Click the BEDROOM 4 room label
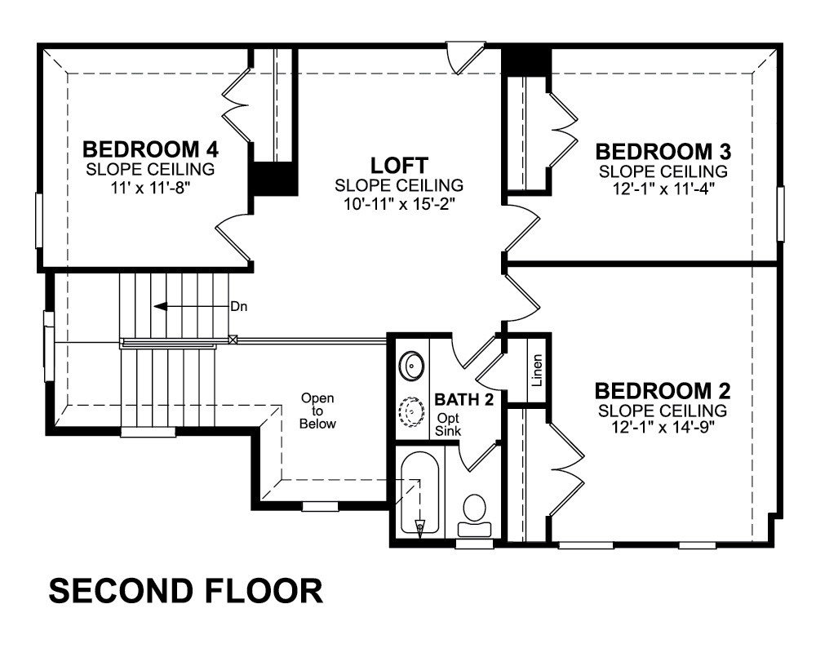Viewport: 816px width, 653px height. pos(150,149)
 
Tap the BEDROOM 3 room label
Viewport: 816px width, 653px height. pos(663,152)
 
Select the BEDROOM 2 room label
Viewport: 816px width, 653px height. pos(663,390)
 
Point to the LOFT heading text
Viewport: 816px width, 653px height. pos(399,165)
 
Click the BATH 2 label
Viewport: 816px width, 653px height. pos(463,399)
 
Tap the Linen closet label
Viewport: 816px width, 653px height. pos(537,371)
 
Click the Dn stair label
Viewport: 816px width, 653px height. pos(239,306)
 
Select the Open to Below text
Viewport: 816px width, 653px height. pos(317,411)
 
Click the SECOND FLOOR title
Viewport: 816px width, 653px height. pos(186,591)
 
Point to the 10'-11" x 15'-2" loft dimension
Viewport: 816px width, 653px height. pos(399,204)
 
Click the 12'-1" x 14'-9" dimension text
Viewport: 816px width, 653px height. pos(663,428)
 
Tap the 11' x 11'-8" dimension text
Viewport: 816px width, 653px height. pos(150,187)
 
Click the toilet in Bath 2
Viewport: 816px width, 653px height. pos(475,515)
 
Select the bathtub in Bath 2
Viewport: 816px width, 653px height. pos(420,493)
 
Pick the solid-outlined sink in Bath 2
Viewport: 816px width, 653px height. pos(411,365)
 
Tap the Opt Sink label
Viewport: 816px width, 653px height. pos(448,424)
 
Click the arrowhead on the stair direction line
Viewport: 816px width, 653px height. pos(160,306)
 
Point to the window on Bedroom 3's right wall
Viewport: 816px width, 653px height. pos(780,214)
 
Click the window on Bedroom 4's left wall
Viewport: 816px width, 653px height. pos(39,220)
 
